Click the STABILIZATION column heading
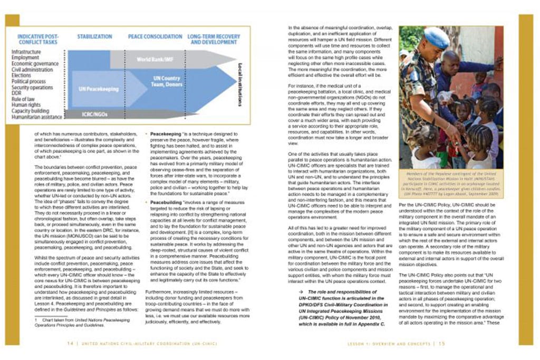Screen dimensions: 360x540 pyautogui.click(x=95, y=37)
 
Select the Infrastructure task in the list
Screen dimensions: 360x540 pyautogui.click(x=26, y=52)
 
